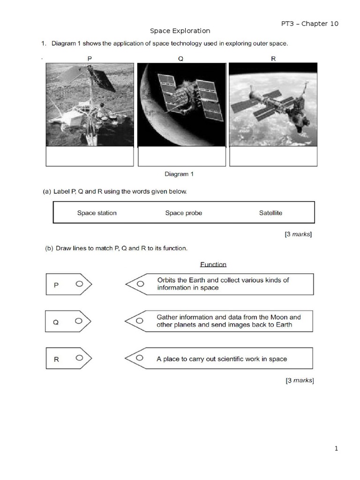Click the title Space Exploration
[x=180, y=31]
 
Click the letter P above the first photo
[x=90, y=59]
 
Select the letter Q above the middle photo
[x=181, y=59]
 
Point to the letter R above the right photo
[x=273, y=59]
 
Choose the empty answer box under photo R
[x=273, y=156]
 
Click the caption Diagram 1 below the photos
[x=179, y=174]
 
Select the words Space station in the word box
[x=97, y=213]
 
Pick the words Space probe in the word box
[x=184, y=213]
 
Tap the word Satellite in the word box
[x=270, y=213]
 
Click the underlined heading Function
[x=213, y=264]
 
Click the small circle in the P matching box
[x=79, y=284]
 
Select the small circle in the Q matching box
[x=79, y=321]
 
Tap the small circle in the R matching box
[x=79, y=358]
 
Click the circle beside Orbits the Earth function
[x=140, y=284]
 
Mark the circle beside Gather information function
[x=140, y=321]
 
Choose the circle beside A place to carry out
[x=140, y=359]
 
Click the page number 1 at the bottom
[x=336, y=449]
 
